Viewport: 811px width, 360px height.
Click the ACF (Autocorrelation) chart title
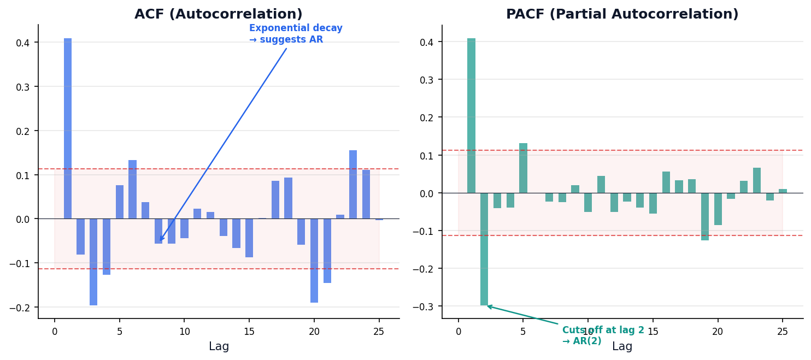[x=218, y=14]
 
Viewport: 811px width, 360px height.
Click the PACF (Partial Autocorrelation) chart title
[x=622, y=14]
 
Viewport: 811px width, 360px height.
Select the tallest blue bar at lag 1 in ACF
[x=68, y=128]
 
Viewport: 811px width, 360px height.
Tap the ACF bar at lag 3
[x=93, y=262]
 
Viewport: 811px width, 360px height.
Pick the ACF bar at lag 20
[x=314, y=261]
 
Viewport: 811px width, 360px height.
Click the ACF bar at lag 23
[x=353, y=185]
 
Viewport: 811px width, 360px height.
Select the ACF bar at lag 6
[x=133, y=189]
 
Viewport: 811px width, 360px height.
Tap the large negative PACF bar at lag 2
[x=484, y=249]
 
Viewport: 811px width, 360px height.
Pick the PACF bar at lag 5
[x=523, y=168]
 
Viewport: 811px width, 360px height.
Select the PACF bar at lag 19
[x=705, y=216]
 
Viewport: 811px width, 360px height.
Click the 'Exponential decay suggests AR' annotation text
[x=296, y=34]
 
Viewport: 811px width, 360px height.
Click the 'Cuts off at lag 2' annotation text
[x=603, y=335]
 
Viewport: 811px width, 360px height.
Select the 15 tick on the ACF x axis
[x=249, y=332]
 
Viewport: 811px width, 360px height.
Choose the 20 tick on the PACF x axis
[x=718, y=332]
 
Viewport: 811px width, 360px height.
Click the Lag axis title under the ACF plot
[x=219, y=346]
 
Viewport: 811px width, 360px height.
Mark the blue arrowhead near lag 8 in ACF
[x=161, y=239]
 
